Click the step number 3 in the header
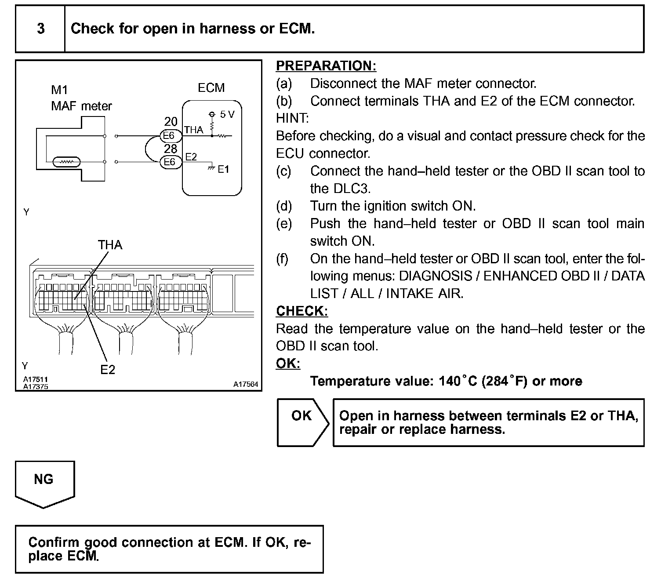point(40,29)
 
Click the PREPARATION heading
point(326,66)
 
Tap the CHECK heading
point(301,311)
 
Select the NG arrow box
point(44,483)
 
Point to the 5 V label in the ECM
point(227,115)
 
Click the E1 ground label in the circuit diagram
point(223,169)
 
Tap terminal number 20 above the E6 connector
point(171,122)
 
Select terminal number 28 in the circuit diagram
point(171,149)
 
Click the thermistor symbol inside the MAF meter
point(65,162)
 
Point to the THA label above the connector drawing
point(110,245)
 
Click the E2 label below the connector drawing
point(107,370)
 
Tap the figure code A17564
point(246,384)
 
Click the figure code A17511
point(36,379)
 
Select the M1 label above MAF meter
point(59,90)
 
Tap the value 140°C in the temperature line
point(458,381)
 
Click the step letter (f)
point(283,258)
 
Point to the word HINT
point(292,118)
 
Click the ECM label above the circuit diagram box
point(211,88)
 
